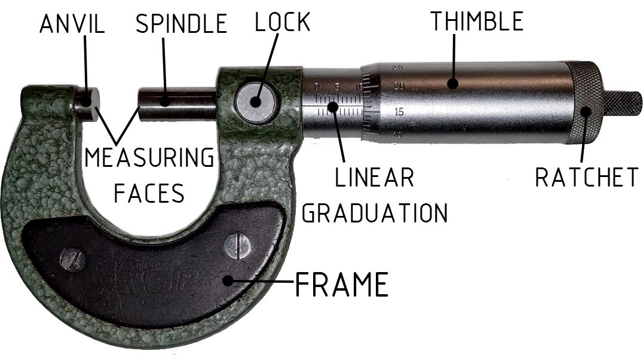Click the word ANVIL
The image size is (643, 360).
point(72,25)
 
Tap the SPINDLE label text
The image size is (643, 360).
point(181,25)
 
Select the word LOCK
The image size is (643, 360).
point(282,22)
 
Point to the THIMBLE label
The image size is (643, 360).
point(477,22)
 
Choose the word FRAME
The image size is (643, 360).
point(342,284)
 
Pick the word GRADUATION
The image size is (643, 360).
point(374,212)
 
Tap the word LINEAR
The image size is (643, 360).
point(374,178)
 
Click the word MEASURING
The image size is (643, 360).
point(149,158)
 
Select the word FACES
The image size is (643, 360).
point(149,193)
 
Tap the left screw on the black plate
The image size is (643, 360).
point(74,260)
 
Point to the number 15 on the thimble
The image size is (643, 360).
point(399,112)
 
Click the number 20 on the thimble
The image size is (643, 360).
point(399,87)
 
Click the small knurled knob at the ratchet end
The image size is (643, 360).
point(623,103)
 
